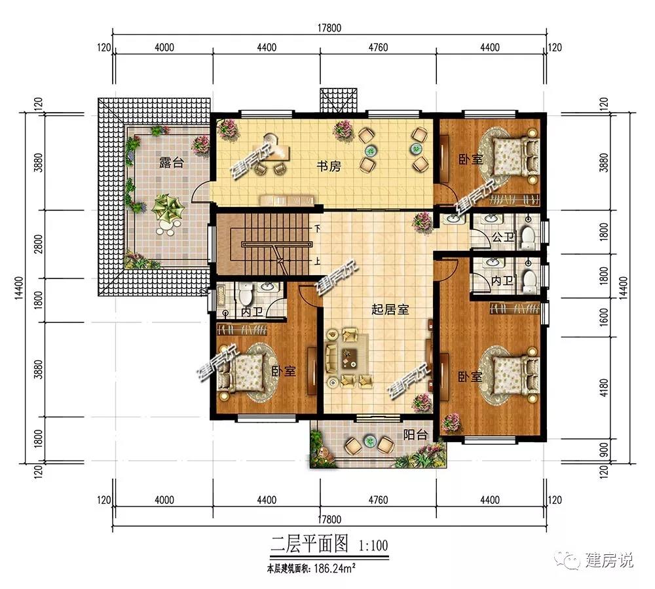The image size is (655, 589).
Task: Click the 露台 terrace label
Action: (x=171, y=162)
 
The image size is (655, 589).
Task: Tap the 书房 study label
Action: (x=329, y=166)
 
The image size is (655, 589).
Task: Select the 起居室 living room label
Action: (x=390, y=309)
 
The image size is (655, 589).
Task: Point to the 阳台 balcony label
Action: (x=415, y=435)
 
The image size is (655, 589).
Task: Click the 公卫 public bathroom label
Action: (x=503, y=237)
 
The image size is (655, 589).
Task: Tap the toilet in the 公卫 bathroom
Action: (x=529, y=235)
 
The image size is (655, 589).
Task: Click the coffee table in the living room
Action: (x=348, y=358)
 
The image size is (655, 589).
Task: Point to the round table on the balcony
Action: (x=369, y=441)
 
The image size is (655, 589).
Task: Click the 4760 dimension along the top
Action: (x=378, y=48)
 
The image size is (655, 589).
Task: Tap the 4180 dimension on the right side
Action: (x=604, y=388)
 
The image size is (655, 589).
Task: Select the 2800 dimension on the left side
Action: (x=38, y=244)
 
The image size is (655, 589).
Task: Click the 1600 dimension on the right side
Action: (x=604, y=317)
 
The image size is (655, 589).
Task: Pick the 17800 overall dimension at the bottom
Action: (x=329, y=520)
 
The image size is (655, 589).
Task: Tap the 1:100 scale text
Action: (x=373, y=545)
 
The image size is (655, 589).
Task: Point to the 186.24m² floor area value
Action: (x=335, y=568)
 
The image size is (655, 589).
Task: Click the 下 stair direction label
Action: (x=318, y=229)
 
